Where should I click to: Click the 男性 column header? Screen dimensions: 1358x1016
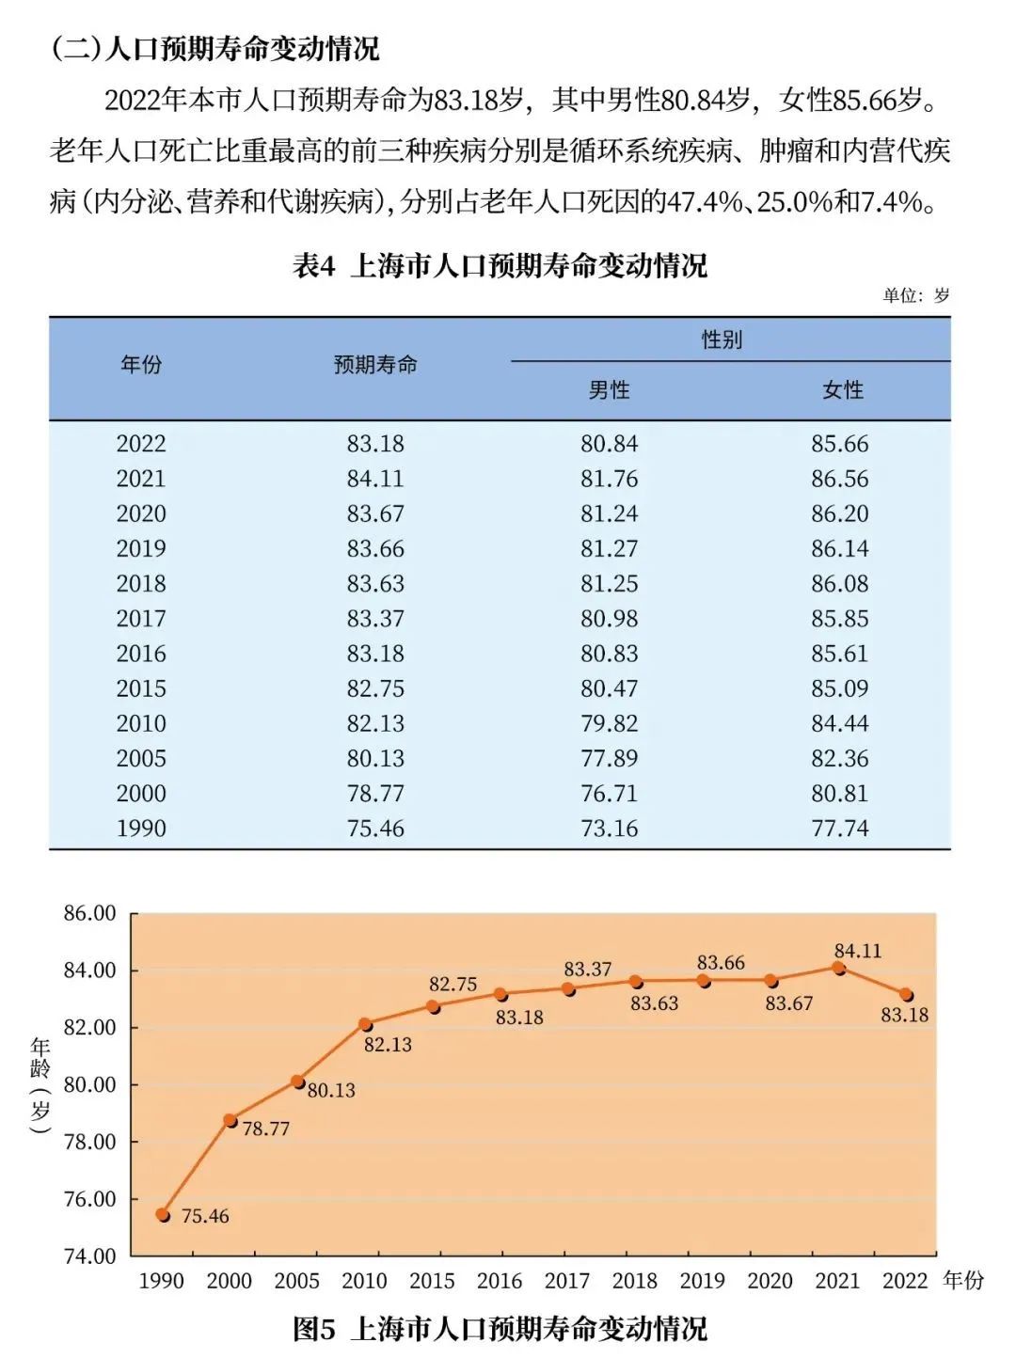[x=609, y=390]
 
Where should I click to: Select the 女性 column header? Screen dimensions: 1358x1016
[x=842, y=390]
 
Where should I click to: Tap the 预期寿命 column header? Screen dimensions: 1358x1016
[x=375, y=365]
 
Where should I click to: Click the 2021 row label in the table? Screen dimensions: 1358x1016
[x=141, y=479]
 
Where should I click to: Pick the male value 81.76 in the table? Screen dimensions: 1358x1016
[x=609, y=479]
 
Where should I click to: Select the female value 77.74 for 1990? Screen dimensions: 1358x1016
[x=840, y=829]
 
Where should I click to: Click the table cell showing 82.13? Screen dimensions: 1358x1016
[x=375, y=723]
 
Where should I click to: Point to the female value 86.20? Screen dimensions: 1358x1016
[x=840, y=513]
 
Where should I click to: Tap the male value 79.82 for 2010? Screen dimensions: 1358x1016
[x=609, y=723]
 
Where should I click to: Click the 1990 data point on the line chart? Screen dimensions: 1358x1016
[x=163, y=1215]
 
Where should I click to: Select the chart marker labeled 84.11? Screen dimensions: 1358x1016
[x=839, y=968]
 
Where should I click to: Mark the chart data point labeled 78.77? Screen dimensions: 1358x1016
[x=230, y=1120]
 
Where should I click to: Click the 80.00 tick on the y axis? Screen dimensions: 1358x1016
[x=90, y=1084]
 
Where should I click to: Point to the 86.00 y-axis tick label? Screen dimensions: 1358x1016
[x=90, y=913]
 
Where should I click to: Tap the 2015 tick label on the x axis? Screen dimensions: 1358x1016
[x=432, y=1281]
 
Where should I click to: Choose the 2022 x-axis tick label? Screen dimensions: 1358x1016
[x=905, y=1281]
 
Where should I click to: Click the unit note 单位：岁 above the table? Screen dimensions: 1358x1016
[x=915, y=295]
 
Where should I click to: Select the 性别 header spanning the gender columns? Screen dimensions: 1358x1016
[x=722, y=339]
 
